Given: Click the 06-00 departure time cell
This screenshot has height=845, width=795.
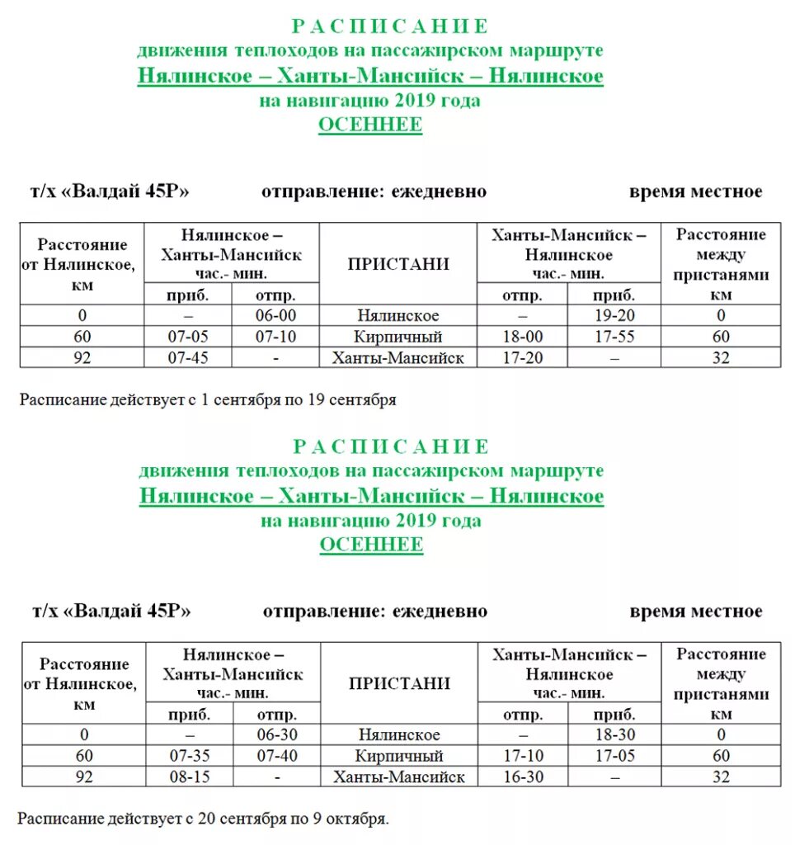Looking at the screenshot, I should [275, 315].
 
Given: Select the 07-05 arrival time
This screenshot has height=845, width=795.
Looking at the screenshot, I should [188, 337].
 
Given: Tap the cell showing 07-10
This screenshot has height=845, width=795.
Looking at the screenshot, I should [275, 337].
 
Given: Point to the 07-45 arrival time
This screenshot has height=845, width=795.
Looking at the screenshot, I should [188, 358].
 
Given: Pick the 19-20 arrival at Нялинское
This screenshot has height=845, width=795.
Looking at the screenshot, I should [614, 315].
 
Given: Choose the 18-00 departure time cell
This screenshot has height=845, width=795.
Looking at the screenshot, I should [522, 337].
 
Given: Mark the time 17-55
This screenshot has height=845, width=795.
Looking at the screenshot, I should [614, 337].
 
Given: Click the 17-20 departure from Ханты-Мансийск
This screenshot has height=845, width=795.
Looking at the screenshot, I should [522, 358].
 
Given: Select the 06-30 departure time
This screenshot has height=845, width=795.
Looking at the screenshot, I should [277, 734].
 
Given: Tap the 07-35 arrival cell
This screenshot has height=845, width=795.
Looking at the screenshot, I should [190, 756].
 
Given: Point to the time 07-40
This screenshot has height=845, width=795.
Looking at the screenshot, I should [277, 756].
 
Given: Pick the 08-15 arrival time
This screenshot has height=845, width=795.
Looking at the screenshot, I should [190, 777].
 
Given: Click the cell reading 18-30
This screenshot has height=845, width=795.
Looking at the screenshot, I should [615, 734].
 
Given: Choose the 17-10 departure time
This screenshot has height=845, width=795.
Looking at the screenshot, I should [523, 756].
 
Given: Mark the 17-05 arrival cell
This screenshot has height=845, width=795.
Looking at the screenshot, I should [615, 756].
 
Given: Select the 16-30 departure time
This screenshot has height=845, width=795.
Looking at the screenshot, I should [523, 777].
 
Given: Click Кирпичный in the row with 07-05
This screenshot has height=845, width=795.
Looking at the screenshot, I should [398, 337].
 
